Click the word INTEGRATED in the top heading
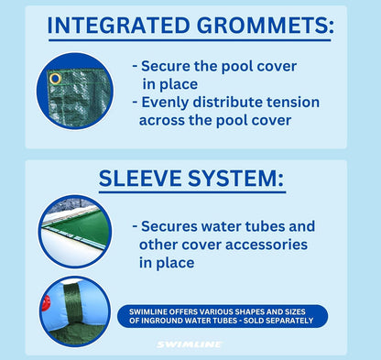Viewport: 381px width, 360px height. point(116,26)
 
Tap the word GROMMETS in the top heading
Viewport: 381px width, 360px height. point(261,26)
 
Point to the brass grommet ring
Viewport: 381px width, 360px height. point(55,80)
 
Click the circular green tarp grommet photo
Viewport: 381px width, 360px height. point(73,92)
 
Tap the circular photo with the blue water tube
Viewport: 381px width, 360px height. point(74,311)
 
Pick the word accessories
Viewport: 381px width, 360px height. point(263,245)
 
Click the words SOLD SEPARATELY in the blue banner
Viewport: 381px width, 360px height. point(274,321)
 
